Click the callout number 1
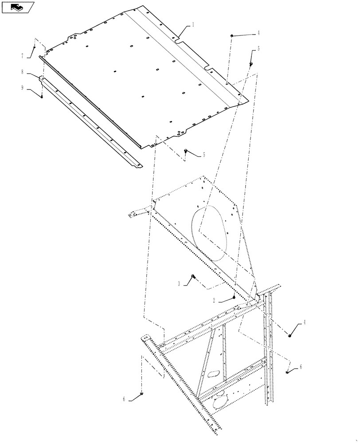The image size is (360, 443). pos(194,26)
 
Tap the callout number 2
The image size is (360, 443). pos(214,300)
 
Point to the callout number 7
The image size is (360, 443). pos(22,56)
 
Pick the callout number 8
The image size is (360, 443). pos(22,71)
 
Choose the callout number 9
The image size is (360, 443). pos(22,87)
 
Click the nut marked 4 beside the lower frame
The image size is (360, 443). pos(290,335)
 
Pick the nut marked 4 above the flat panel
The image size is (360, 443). pos(231,35)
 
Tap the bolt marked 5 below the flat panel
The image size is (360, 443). pos(184,151)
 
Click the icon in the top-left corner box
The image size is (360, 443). pos(17,7)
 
